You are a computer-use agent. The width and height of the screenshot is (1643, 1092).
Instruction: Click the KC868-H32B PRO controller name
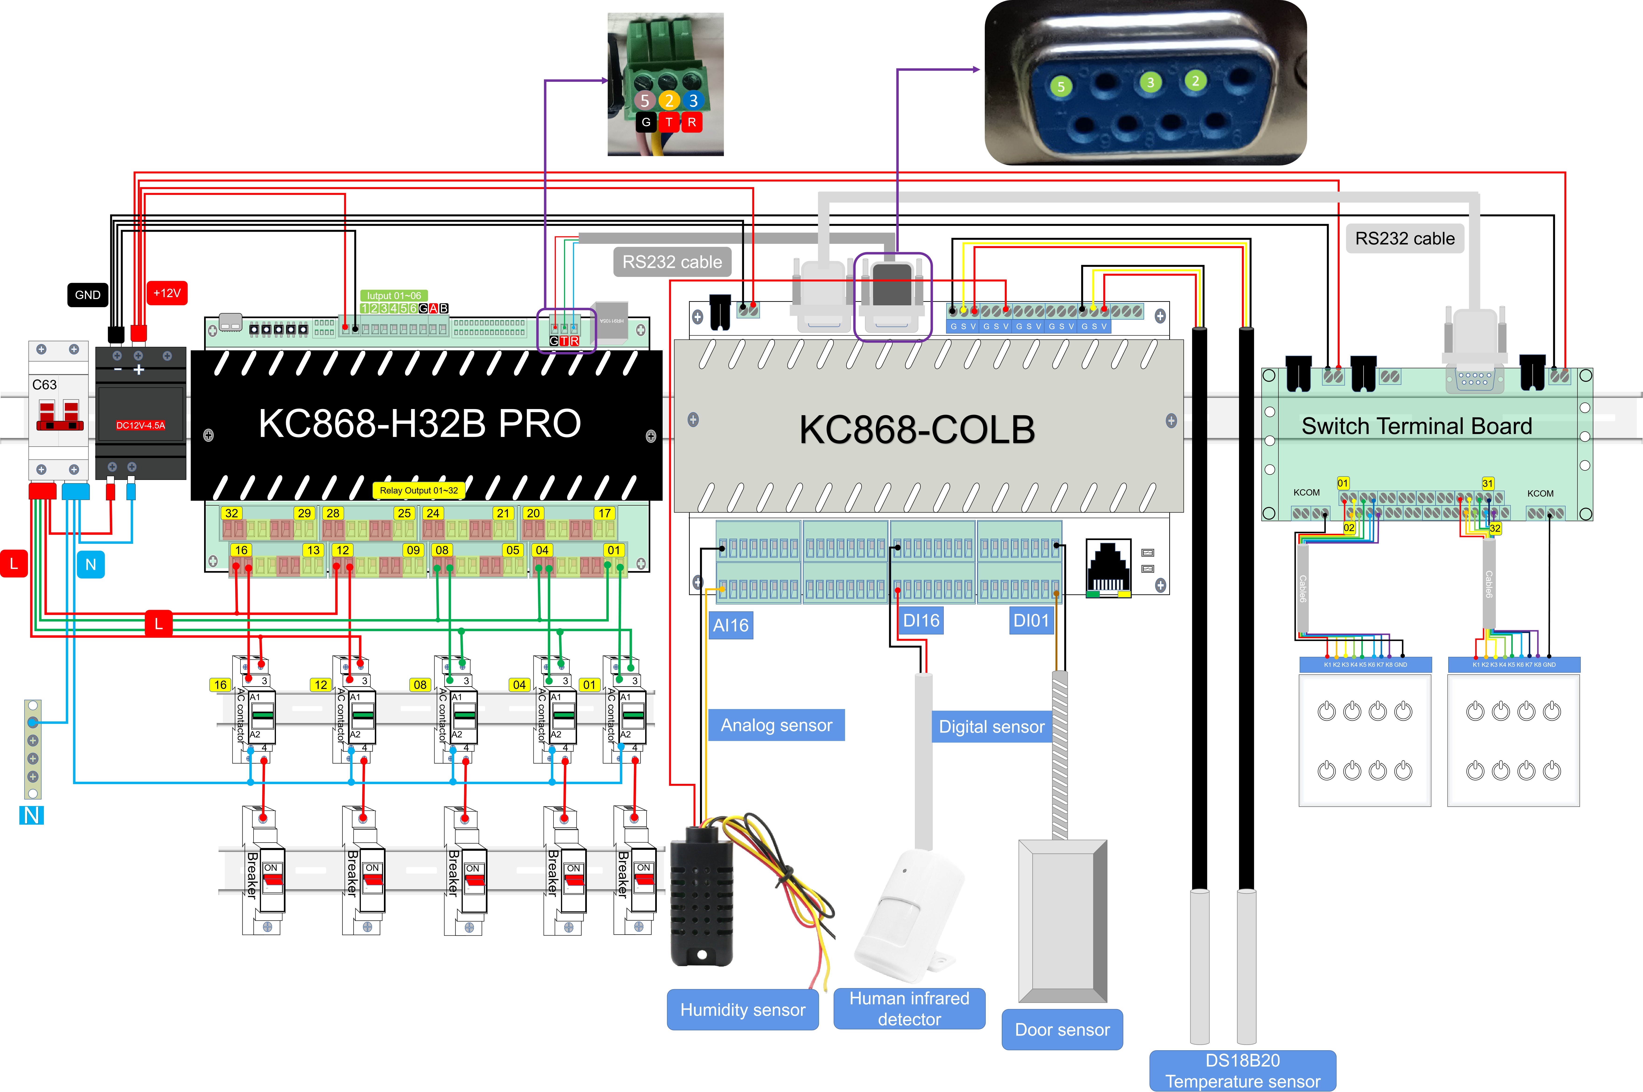[x=419, y=424]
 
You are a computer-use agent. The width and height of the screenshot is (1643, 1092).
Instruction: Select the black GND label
[x=88, y=295]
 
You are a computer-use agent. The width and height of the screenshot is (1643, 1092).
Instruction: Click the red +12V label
[x=167, y=293]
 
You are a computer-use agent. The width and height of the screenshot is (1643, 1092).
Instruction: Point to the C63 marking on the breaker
[x=45, y=384]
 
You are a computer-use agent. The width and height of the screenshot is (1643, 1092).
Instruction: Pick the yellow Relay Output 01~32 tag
[x=419, y=490]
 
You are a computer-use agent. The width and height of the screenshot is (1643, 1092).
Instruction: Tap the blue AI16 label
[x=730, y=625]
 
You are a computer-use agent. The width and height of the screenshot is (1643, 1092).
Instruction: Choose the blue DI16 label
[x=921, y=620]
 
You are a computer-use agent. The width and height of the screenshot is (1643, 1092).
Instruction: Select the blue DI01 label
[x=1030, y=620]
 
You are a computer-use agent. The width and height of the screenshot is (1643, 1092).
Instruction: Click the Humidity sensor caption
[x=743, y=1010]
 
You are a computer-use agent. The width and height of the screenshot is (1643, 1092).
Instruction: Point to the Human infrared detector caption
[x=909, y=1008]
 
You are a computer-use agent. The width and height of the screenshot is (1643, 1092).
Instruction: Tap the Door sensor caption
[x=1062, y=1029]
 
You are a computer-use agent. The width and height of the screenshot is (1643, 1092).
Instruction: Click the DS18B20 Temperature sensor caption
[x=1242, y=1070]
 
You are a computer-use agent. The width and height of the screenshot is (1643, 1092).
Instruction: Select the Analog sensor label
[x=776, y=725]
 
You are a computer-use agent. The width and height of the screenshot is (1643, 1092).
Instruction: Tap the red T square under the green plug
[x=669, y=123]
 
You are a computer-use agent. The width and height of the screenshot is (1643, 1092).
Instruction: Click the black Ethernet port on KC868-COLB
[x=1108, y=568]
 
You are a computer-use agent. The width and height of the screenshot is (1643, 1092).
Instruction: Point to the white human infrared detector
[x=909, y=912]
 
